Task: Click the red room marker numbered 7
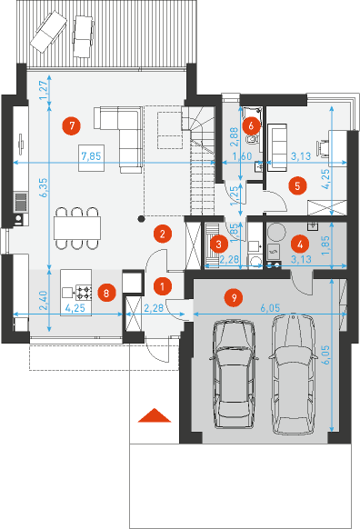click(72, 125)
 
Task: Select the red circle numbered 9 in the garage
click(234, 297)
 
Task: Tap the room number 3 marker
click(218, 244)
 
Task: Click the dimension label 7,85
click(92, 156)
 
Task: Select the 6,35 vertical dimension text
click(44, 187)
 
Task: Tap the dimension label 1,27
click(44, 90)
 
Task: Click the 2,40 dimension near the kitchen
click(44, 300)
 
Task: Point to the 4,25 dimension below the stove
click(75, 308)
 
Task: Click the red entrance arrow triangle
click(155, 415)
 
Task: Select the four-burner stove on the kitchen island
click(84, 292)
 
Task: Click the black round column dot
click(142, 219)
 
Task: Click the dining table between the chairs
click(77, 228)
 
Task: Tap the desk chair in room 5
click(322, 148)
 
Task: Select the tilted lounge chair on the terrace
click(48, 32)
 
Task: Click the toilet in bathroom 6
click(251, 139)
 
